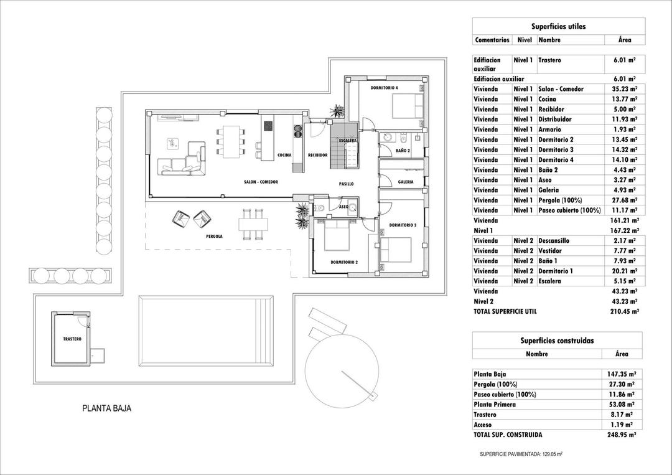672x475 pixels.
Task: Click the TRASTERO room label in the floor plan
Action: click(72, 339)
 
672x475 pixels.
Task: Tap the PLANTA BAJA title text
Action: click(107, 409)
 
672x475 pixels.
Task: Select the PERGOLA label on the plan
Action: click(214, 237)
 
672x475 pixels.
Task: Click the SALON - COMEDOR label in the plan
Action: click(261, 182)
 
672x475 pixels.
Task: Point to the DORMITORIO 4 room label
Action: click(384, 88)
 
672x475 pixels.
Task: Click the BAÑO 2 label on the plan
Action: click(402, 151)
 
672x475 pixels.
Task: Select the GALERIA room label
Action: click(406, 182)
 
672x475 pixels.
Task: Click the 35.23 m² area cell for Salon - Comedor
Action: click(625, 89)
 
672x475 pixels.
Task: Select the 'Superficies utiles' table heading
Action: click(558, 27)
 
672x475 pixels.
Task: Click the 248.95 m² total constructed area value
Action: click(624, 435)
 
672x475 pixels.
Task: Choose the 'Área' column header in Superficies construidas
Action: click(621, 354)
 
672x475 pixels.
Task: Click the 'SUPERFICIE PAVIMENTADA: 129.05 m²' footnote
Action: click(521, 454)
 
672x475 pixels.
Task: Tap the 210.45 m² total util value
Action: click(624, 311)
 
